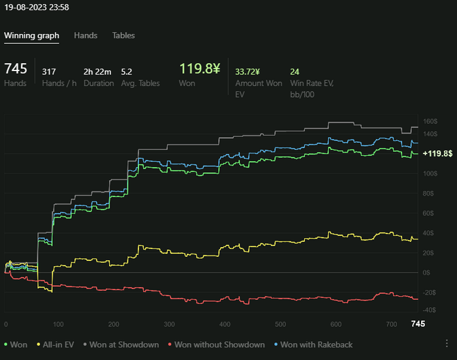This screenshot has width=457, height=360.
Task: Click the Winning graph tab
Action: [x=31, y=35]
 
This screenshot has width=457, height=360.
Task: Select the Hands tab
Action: [x=86, y=35]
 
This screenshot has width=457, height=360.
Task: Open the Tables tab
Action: [x=123, y=35]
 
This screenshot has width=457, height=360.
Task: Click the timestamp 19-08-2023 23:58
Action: [x=37, y=8]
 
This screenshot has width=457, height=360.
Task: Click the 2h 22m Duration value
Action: [x=98, y=72]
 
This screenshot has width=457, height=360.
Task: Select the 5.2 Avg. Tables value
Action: [x=127, y=72]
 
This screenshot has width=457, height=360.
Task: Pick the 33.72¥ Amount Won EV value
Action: [x=247, y=72]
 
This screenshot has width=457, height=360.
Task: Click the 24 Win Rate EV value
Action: [x=294, y=72]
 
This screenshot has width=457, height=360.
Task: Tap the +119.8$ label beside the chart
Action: [x=437, y=153]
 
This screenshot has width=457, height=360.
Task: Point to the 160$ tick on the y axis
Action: [x=430, y=121]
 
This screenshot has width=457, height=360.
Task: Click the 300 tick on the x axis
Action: [x=169, y=324]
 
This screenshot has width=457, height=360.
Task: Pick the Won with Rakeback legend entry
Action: [x=313, y=344]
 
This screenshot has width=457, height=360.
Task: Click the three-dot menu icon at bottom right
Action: [x=447, y=343]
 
